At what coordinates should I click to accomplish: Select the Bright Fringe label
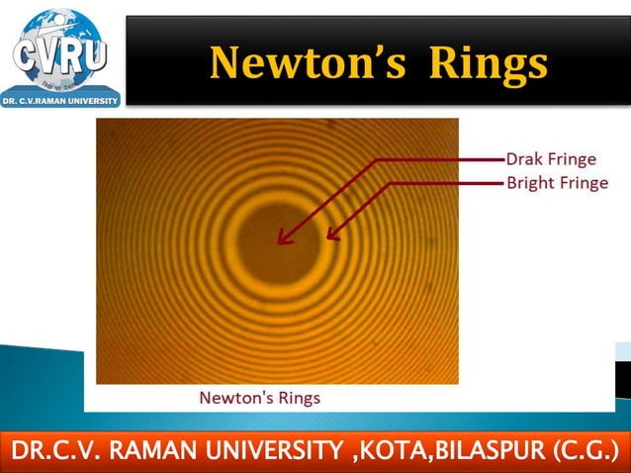(x=557, y=183)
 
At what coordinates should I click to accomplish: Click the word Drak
(x=525, y=159)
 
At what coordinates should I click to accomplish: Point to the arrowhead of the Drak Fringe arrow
(x=280, y=240)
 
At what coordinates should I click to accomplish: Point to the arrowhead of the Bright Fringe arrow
(x=328, y=238)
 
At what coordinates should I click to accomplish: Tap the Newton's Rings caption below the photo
(x=260, y=398)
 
